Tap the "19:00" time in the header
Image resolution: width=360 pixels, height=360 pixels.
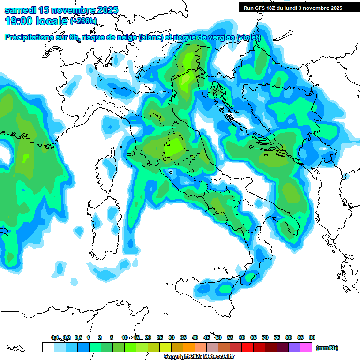(x=18, y=21)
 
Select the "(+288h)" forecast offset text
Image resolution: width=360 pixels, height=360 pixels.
(x=83, y=21)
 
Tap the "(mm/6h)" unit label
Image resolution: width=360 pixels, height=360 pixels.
(x=327, y=348)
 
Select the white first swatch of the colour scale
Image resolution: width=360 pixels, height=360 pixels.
(x=48, y=347)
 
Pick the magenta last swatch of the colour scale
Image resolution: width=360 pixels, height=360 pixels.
(x=306, y=347)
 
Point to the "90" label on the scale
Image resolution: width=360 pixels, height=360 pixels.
(x=312, y=337)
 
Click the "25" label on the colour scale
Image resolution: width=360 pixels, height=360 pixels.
(x=160, y=337)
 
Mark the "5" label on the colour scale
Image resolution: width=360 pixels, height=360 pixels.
(x=112, y=337)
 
